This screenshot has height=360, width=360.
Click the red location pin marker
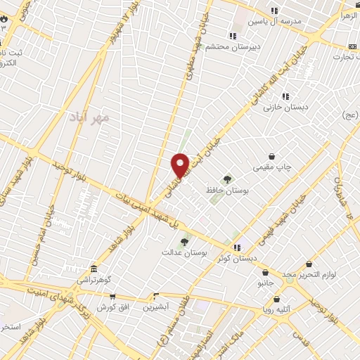180,165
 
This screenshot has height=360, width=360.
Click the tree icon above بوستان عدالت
184,242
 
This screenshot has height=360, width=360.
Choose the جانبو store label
264,283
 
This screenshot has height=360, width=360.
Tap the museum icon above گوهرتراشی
94,269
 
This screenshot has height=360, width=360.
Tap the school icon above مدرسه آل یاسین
274,11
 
